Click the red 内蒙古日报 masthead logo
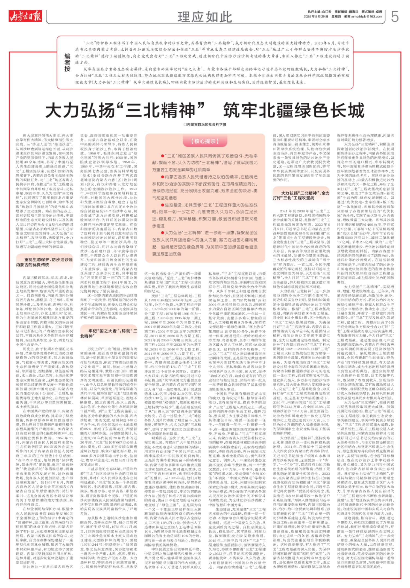tap(25, 16)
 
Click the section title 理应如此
tap(205, 17)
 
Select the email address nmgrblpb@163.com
tap(366, 17)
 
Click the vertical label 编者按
tap(67, 62)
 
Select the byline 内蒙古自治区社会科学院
tap(206, 124)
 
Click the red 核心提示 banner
tap(205, 141)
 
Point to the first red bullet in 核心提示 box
tap(162, 156)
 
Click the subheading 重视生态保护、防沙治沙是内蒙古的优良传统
tap(44, 262)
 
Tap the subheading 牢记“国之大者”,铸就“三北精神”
tap(109, 333)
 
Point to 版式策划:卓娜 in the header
tap(372, 12)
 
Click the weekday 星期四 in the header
tap(336, 17)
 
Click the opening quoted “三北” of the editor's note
tap(89, 43)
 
